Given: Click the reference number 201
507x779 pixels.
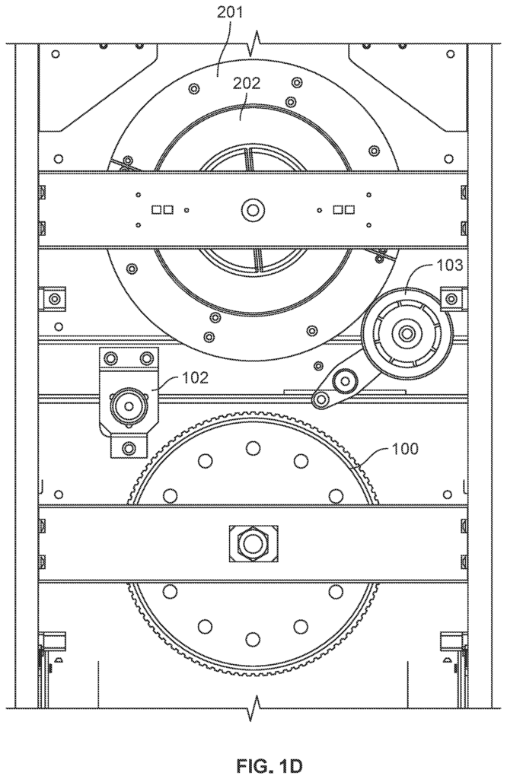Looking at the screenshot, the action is [230, 12].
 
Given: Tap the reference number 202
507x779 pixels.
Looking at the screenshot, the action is [247, 84].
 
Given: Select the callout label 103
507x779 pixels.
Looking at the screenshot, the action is [450, 265].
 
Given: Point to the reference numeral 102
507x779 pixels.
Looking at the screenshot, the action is [195, 377].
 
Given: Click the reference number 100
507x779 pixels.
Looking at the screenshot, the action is [405, 449].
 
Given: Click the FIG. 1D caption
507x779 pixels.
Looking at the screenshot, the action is [269, 766].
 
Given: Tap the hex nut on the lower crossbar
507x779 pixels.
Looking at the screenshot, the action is [253, 543].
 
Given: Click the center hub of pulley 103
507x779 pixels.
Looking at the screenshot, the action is [407, 332].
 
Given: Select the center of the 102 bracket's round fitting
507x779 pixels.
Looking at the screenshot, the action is [129, 406].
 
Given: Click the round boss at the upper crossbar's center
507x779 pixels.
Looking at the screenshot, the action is [253, 210].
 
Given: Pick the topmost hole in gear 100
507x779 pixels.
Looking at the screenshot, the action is [253, 448].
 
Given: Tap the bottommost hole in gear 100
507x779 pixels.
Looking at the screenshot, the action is [253, 638].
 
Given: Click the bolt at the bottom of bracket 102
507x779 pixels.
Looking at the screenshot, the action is [129, 447].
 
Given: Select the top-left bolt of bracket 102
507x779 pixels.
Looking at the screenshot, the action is [110, 358].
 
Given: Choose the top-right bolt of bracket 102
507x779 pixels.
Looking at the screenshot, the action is [146, 358].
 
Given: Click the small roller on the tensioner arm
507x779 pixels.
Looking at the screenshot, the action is [344, 382].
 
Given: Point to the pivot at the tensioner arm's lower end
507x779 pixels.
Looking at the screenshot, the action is [322, 399].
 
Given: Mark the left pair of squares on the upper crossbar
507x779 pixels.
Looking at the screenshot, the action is [163, 210].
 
